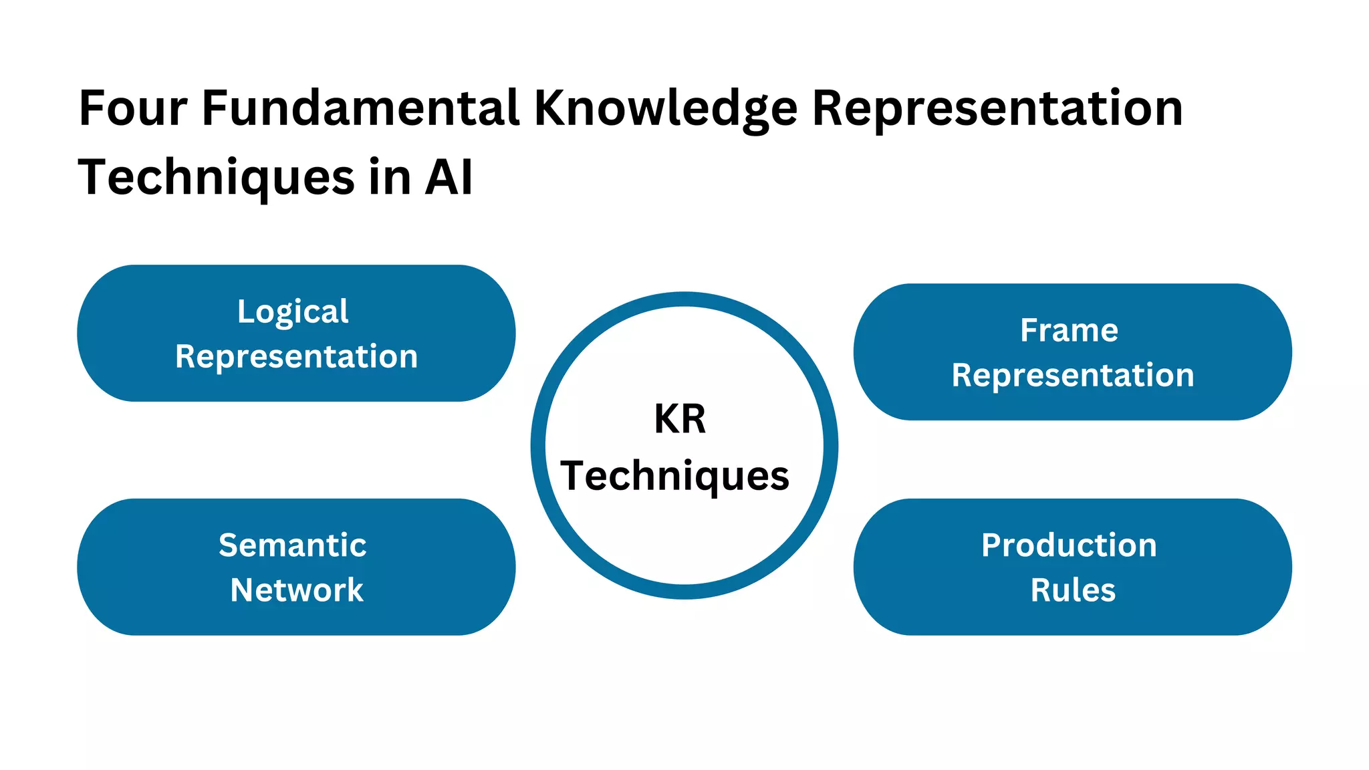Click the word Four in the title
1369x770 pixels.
click(x=133, y=108)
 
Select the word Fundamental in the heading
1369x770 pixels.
click(x=360, y=108)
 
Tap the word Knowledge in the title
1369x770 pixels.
click(x=665, y=110)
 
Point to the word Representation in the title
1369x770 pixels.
click(x=997, y=110)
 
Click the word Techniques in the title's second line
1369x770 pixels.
click(x=216, y=178)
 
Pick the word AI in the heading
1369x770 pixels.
click(x=449, y=178)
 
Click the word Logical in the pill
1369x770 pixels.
click(x=293, y=312)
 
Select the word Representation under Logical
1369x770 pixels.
click(x=296, y=357)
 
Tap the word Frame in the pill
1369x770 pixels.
click(x=1069, y=330)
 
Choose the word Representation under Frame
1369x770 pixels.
click(x=1072, y=376)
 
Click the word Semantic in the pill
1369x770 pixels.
click(x=293, y=545)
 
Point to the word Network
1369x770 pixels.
click(x=297, y=590)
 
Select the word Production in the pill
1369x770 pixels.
click(x=1069, y=545)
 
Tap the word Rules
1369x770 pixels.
click(x=1073, y=590)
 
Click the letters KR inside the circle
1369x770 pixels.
click(x=680, y=419)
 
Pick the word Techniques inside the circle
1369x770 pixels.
click(x=675, y=477)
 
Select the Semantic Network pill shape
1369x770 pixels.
click(x=120, y=567)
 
